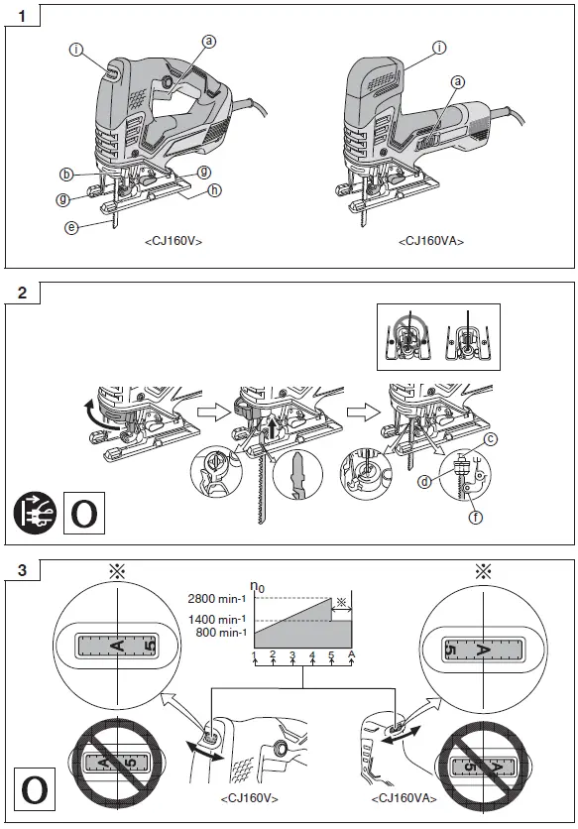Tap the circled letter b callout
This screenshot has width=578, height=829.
pyautogui.click(x=66, y=175)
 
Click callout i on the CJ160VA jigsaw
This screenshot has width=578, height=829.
pyautogui.click(x=438, y=47)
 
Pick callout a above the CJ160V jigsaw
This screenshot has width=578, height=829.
pyautogui.click(x=209, y=41)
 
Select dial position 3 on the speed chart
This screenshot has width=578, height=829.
pyautogui.click(x=292, y=655)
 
